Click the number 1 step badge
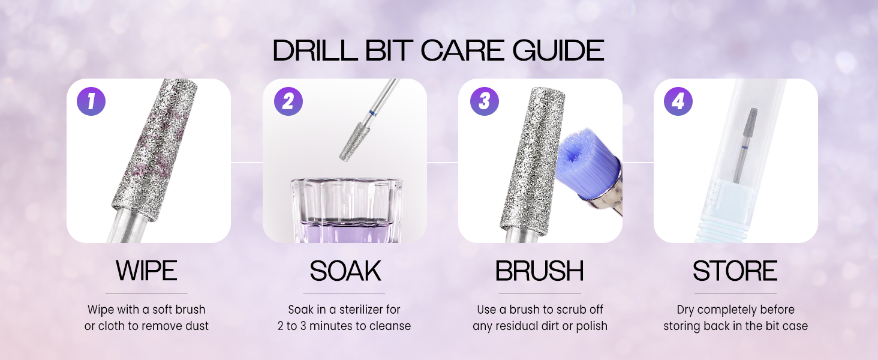[91, 101]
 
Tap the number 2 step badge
[288, 101]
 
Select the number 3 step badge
[485, 101]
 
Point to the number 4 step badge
[678, 101]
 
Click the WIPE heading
[146, 271]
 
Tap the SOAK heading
[345, 271]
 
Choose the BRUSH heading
[539, 271]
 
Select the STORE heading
[735, 271]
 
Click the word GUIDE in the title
[558, 50]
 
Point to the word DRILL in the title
[315, 50]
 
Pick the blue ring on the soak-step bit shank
[371, 114]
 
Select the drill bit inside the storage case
[745, 145]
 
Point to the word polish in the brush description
[591, 326]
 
